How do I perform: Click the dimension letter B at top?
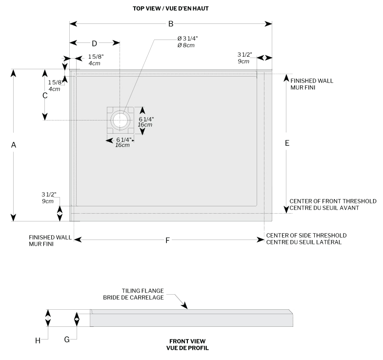pos(171,24)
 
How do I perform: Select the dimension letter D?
pos(94,43)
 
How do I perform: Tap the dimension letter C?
pos(45,96)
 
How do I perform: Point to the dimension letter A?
pos(14,145)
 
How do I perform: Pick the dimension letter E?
pos(287,143)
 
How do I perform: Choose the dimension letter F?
pos(168,240)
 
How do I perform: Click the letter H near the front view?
pos(37,340)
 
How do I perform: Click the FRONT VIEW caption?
pos(187,341)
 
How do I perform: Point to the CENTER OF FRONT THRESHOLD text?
pos(333,201)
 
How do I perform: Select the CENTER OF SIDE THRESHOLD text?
pos(306,235)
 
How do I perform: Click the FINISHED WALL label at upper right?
pos(312,80)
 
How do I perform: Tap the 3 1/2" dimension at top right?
pos(244,55)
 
